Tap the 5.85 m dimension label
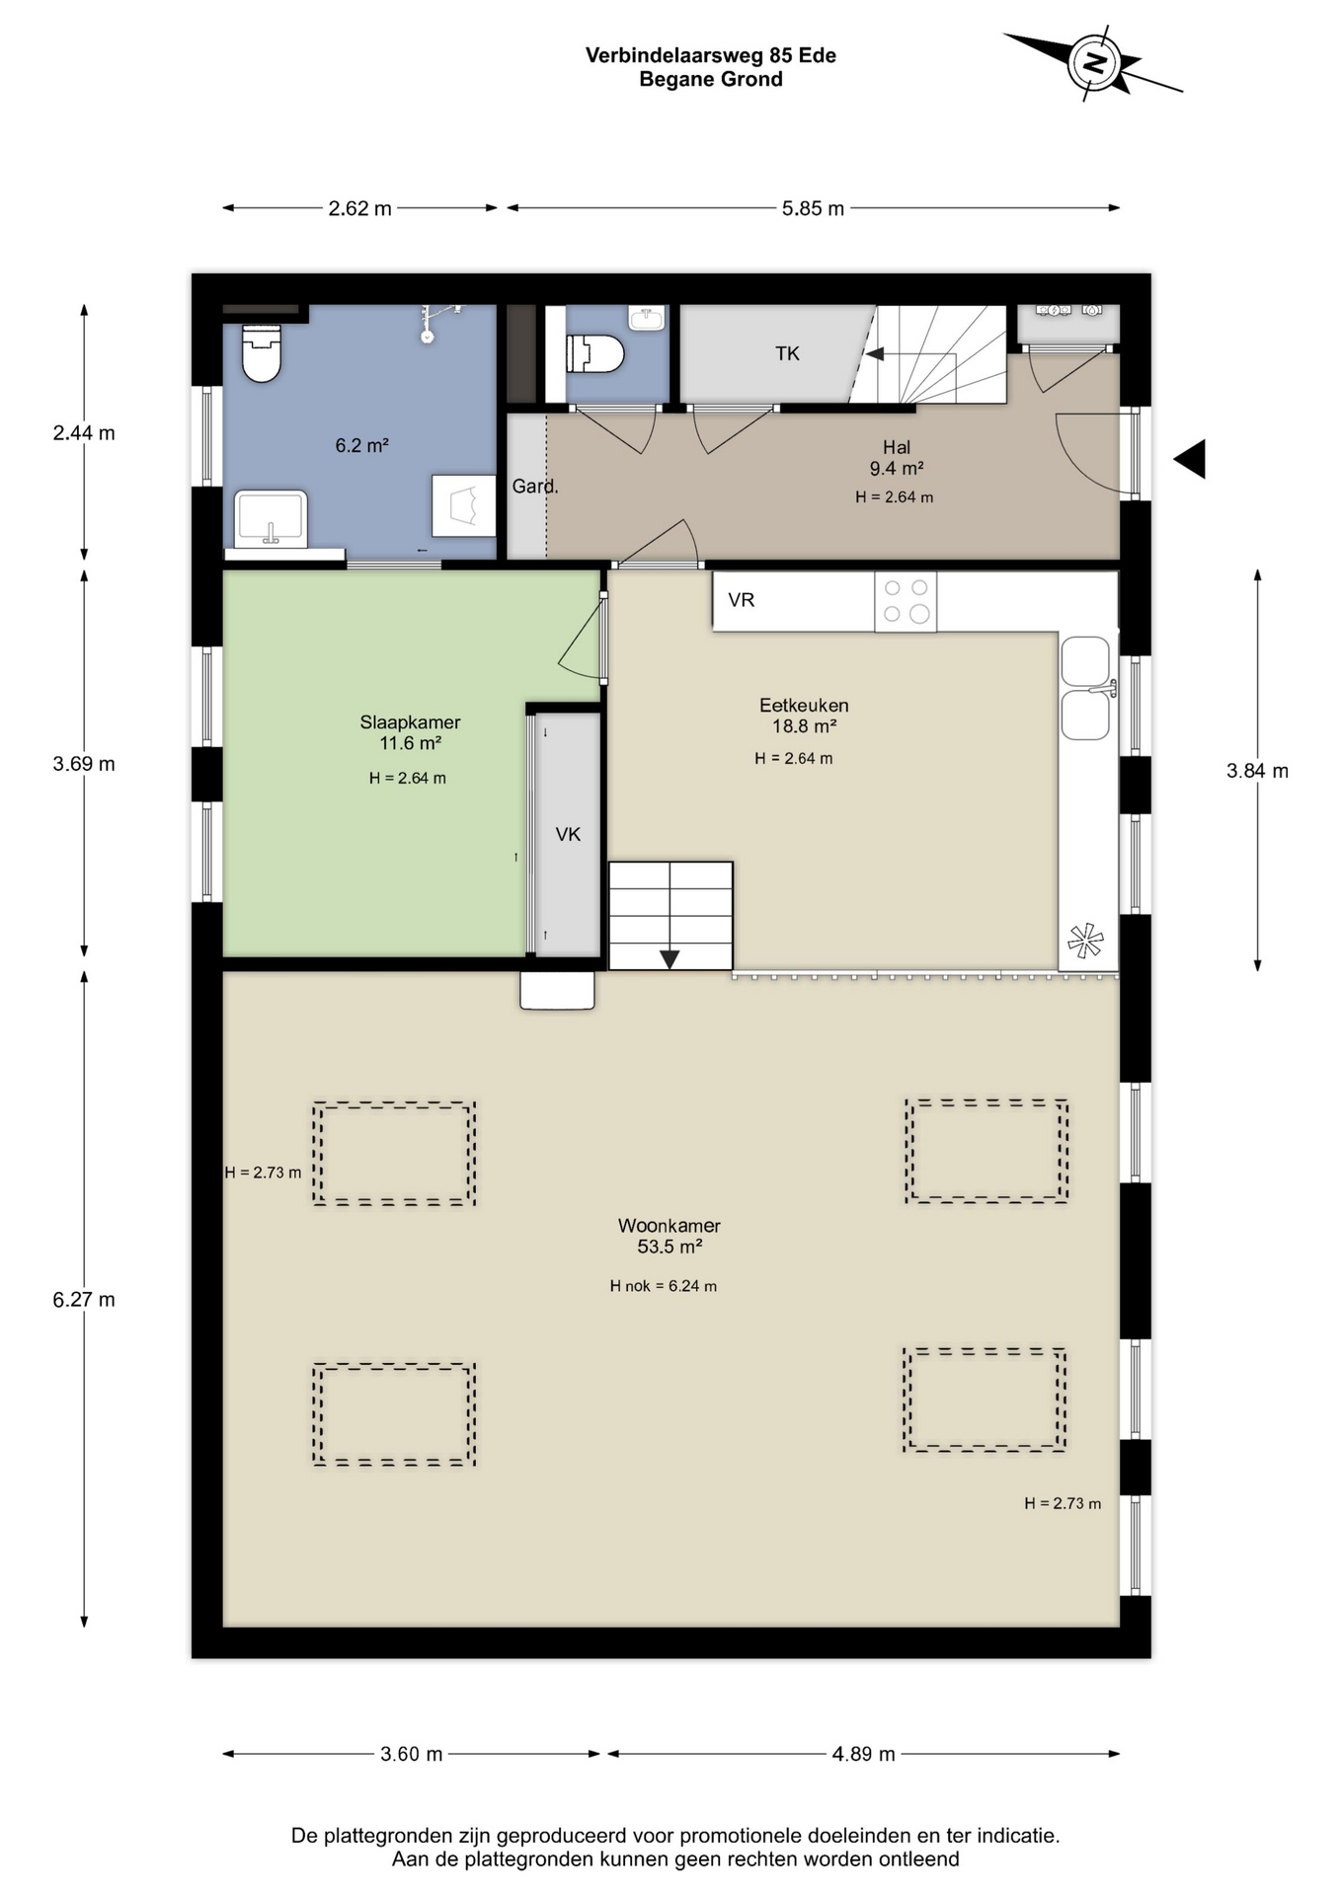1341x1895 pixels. tap(813, 209)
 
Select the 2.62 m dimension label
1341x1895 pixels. tap(359, 209)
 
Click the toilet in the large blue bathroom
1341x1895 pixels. tap(262, 352)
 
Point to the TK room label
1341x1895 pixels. tap(787, 353)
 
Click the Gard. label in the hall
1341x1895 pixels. tap(535, 486)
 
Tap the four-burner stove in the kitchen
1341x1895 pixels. tap(906, 601)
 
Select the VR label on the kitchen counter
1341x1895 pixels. tap(741, 600)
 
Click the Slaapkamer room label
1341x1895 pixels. tap(410, 722)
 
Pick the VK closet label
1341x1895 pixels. tap(568, 835)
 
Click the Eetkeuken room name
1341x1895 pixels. tap(804, 706)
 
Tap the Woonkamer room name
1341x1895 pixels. tap(670, 1226)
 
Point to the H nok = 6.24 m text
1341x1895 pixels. tap(663, 1286)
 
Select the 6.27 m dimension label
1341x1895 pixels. tap(84, 1300)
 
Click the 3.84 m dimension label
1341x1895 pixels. tap(1257, 772)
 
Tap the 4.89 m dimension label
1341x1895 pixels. tap(863, 1754)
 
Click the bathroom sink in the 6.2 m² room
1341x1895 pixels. tap(271, 518)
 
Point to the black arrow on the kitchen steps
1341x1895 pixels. tap(670, 958)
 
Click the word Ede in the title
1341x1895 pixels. tap(818, 55)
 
